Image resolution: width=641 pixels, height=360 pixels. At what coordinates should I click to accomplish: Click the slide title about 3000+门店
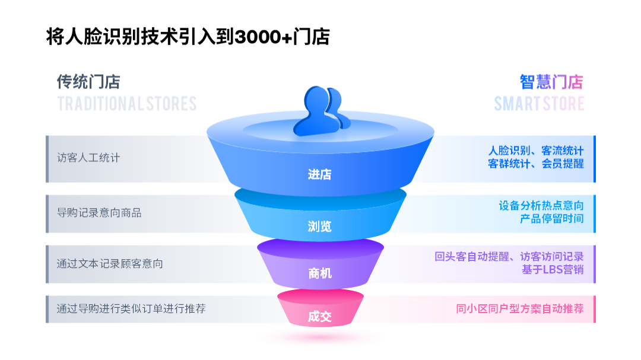point(188,37)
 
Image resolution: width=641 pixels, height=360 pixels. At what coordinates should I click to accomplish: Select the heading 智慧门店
point(551,81)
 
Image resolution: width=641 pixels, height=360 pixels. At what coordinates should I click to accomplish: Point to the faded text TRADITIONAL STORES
point(126,104)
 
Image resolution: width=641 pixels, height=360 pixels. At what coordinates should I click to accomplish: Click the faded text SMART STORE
point(539,104)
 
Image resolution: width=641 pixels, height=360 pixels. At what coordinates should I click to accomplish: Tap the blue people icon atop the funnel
point(320,110)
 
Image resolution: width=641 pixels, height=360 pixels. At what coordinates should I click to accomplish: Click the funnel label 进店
point(320,174)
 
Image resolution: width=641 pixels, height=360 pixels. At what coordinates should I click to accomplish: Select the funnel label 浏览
point(320,226)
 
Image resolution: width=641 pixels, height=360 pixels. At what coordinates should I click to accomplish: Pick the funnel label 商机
point(320,273)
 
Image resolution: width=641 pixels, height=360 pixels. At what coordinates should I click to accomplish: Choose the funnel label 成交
point(320,316)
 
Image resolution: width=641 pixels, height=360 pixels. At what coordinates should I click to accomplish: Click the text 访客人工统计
point(88,158)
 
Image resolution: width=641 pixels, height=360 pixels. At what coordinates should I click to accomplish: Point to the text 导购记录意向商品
point(99,212)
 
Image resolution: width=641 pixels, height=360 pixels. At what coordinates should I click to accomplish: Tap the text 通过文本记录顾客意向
point(110,263)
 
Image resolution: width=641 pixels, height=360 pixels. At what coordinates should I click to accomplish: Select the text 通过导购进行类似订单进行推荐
point(131,309)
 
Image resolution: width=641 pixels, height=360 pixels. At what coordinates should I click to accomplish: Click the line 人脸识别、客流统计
point(535,151)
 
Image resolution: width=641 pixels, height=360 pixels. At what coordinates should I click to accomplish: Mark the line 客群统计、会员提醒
point(535,164)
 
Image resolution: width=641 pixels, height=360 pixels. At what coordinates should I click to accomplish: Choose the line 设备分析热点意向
point(541,206)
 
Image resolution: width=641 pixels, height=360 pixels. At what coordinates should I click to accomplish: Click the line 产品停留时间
point(551,218)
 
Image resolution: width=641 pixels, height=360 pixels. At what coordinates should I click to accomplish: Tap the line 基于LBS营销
point(553,270)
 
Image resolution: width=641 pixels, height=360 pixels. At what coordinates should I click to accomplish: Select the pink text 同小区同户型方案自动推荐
point(519,309)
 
